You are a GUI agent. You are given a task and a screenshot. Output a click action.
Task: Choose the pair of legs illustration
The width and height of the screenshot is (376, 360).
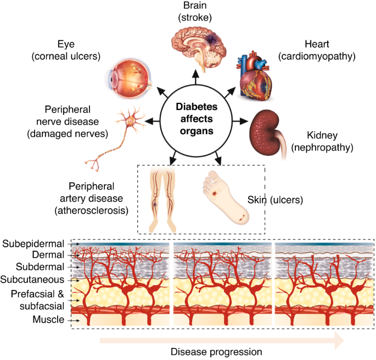coord(164,198)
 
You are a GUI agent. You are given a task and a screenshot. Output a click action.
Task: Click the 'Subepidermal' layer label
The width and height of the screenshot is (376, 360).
coord(33,243)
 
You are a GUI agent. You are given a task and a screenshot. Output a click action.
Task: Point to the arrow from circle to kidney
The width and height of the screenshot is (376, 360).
coord(239,120)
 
